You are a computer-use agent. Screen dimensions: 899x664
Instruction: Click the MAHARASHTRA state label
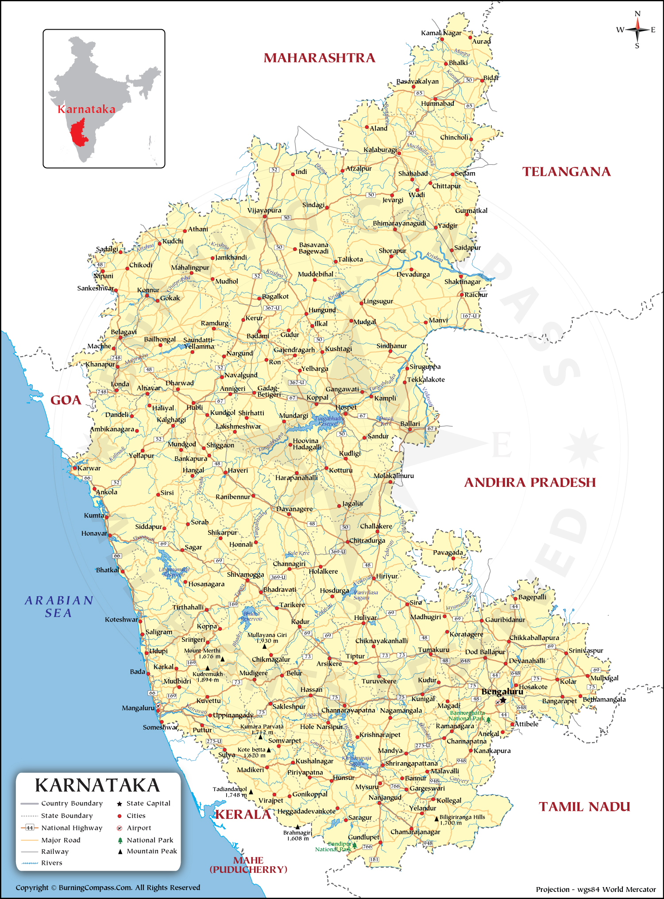(x=319, y=58)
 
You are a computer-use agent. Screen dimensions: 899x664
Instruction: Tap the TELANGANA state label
(x=566, y=172)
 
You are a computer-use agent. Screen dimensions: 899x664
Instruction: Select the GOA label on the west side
(x=66, y=400)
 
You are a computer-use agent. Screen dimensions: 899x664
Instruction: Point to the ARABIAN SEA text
(x=59, y=606)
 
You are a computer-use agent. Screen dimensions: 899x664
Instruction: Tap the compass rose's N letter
(x=637, y=14)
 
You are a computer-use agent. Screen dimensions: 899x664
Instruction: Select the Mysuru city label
(x=367, y=787)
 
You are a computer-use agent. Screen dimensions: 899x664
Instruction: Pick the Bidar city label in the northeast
(x=491, y=78)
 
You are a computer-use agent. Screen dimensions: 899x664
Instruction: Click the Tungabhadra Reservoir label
(x=329, y=421)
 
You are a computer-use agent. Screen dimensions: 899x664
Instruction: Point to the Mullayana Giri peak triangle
(x=264, y=647)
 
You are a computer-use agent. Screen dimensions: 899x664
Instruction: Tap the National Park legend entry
(x=150, y=840)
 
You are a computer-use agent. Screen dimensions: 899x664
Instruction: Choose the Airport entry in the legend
(x=139, y=828)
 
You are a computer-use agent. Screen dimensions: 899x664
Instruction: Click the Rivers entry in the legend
(x=51, y=863)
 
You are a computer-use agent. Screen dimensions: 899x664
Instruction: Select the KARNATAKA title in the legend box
(x=97, y=786)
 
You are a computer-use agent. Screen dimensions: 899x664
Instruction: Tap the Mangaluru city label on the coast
(x=138, y=708)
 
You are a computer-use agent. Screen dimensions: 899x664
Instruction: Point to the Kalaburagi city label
(x=380, y=150)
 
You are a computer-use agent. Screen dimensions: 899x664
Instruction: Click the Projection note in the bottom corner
(x=595, y=889)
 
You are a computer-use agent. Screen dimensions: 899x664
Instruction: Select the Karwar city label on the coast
(x=89, y=468)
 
